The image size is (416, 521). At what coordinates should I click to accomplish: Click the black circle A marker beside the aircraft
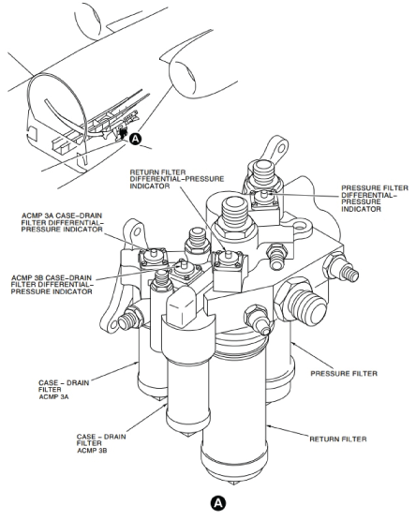tap(135, 139)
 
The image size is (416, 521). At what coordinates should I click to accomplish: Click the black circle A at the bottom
tap(217, 502)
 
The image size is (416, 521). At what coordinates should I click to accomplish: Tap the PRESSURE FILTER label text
tap(344, 374)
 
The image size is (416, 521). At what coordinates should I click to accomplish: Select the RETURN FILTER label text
tap(338, 439)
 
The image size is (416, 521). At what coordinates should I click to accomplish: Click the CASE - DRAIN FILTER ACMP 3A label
tap(64, 390)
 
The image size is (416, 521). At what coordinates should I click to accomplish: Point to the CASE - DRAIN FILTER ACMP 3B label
tap(101, 443)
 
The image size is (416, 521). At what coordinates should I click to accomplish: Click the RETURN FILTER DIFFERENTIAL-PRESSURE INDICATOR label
tap(177, 179)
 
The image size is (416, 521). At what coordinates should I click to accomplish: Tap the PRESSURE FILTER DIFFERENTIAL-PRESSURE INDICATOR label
tap(375, 199)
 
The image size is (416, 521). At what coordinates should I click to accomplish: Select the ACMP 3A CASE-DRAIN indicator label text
tap(62, 223)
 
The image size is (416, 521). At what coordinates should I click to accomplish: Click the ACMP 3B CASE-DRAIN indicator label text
tap(52, 285)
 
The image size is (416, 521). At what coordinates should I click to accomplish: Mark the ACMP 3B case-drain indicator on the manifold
tap(183, 267)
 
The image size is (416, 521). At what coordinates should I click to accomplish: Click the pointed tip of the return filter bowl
tap(233, 483)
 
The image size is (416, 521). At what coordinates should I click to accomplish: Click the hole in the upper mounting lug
tap(282, 147)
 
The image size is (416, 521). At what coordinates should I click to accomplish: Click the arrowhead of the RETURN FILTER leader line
tap(270, 426)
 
